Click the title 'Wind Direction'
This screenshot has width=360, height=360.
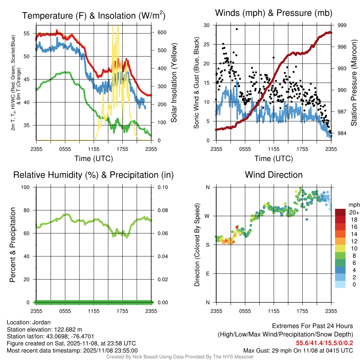pos(274,175)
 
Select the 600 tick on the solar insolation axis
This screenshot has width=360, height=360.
pos(162,32)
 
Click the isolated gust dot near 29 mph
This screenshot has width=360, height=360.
pos(237,29)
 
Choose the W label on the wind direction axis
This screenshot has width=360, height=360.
pos(207,216)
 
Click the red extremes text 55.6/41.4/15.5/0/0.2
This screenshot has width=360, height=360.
pos(324,343)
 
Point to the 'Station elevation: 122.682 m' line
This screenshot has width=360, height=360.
pos(44,329)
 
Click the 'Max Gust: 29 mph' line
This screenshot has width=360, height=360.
pos(298,351)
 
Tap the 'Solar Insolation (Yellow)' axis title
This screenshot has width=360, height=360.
pos(174,83)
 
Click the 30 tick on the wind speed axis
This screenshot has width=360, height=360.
pos(207,25)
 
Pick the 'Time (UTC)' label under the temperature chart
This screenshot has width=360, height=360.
pos(94,159)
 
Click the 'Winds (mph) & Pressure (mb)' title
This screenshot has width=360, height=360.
pos(274,13)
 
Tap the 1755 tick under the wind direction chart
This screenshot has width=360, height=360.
pos(302,311)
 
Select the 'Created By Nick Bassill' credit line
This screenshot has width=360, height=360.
pos(180,357)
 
